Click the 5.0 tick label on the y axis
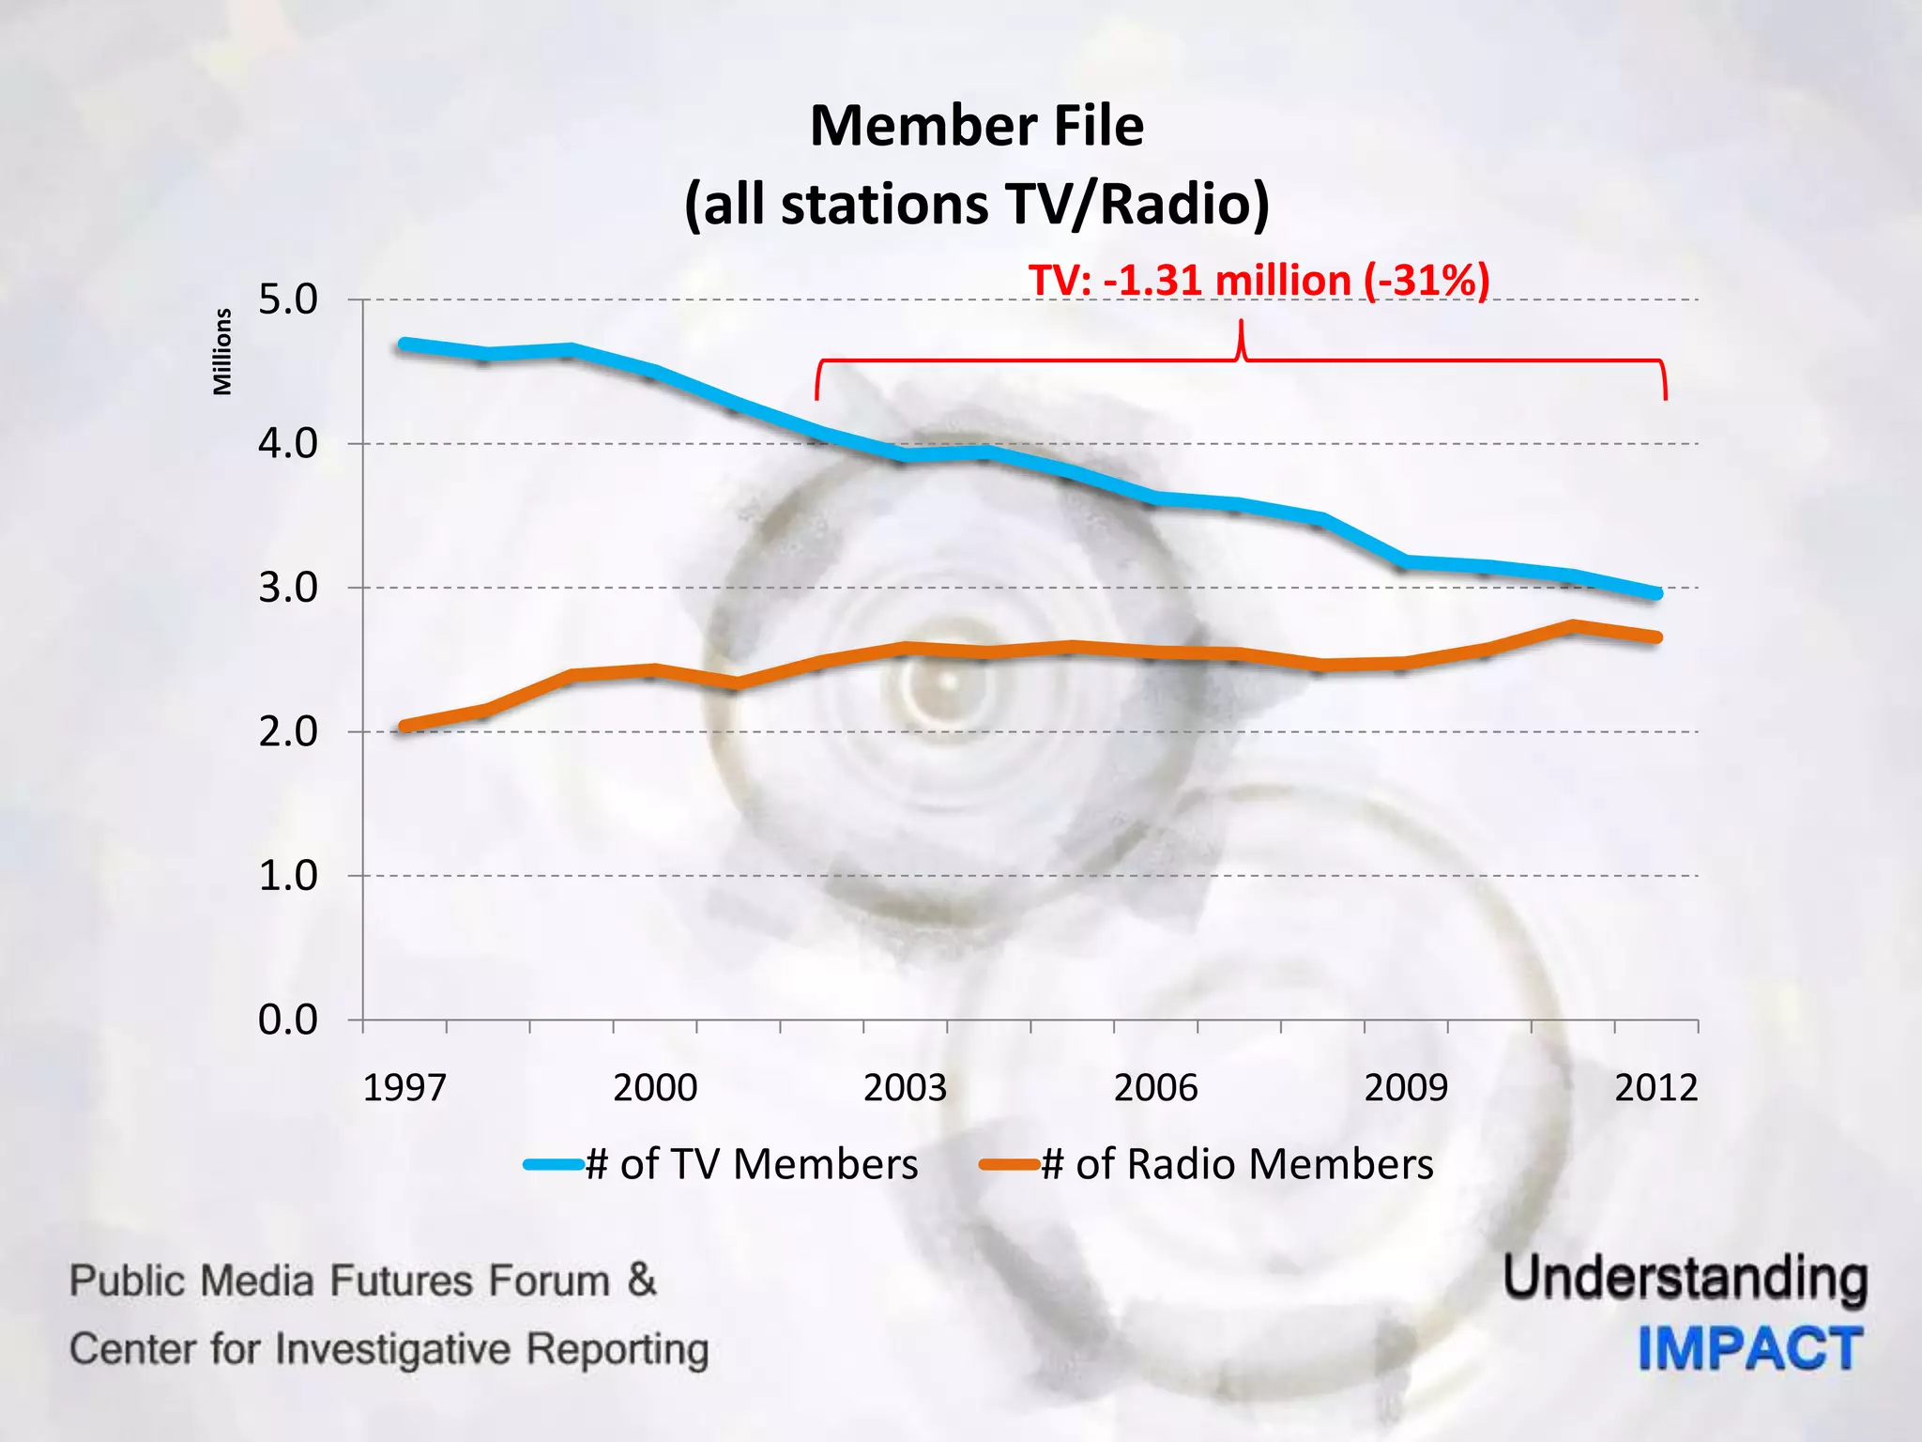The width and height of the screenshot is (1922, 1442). (288, 300)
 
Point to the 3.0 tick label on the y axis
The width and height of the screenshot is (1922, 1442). (288, 589)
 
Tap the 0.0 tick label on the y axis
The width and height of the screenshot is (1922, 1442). (288, 1020)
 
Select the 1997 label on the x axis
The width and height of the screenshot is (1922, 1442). (404, 1088)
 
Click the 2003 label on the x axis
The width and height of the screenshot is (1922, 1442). (905, 1088)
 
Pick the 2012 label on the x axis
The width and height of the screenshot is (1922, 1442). (1655, 1088)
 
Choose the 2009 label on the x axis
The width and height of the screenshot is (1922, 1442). (1406, 1088)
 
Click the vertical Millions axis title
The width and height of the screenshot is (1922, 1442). (222, 352)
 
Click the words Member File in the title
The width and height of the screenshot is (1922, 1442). (976, 126)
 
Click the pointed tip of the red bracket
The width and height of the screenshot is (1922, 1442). (1242, 323)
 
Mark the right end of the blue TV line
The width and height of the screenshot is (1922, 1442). (1656, 593)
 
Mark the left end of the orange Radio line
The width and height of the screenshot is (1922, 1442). (404, 726)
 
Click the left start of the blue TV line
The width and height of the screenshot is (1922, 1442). (404, 344)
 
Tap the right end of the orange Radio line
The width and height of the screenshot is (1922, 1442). (1656, 637)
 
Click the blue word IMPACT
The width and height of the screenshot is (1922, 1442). (1750, 1349)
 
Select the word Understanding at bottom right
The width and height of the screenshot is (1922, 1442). (1686, 1279)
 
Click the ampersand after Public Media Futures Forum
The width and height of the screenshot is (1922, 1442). (642, 1281)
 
